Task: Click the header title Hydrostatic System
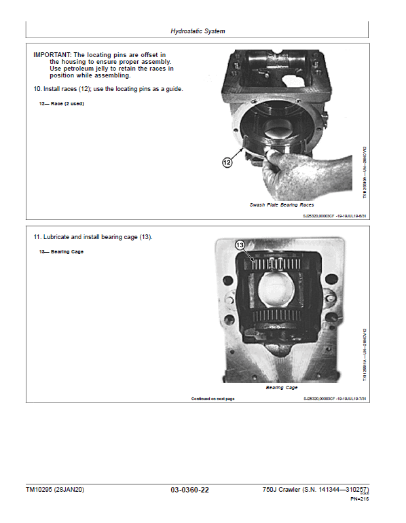click(x=198, y=31)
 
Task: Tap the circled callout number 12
click(x=227, y=162)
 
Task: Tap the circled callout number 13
click(x=240, y=245)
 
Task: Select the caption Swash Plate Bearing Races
click(x=282, y=204)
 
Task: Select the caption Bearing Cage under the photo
click(x=282, y=387)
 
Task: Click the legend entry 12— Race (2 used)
click(x=62, y=104)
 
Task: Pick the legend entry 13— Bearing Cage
click(x=61, y=252)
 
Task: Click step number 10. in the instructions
click(x=37, y=89)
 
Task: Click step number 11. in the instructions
click(x=37, y=237)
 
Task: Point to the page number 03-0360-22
click(x=190, y=490)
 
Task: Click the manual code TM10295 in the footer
click(x=41, y=490)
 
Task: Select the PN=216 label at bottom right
click(x=359, y=499)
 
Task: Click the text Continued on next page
click(x=213, y=399)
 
